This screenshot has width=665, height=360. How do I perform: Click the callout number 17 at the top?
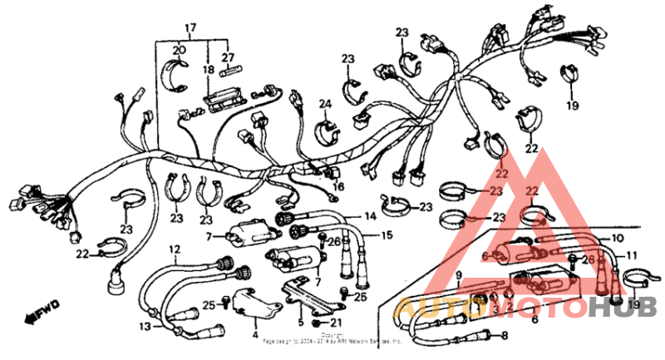pos(190,28)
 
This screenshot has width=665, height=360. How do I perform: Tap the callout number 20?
pos(177,51)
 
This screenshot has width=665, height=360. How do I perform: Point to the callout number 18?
pos(209,72)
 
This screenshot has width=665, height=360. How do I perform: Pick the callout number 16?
pos(338,188)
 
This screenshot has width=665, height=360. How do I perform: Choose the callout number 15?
pos(386,235)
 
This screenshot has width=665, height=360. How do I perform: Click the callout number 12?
pos(175,249)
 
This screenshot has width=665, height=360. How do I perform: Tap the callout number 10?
pos(617,239)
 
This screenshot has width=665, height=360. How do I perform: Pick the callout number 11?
pos(632,255)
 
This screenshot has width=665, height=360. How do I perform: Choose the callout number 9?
pos(458,275)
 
